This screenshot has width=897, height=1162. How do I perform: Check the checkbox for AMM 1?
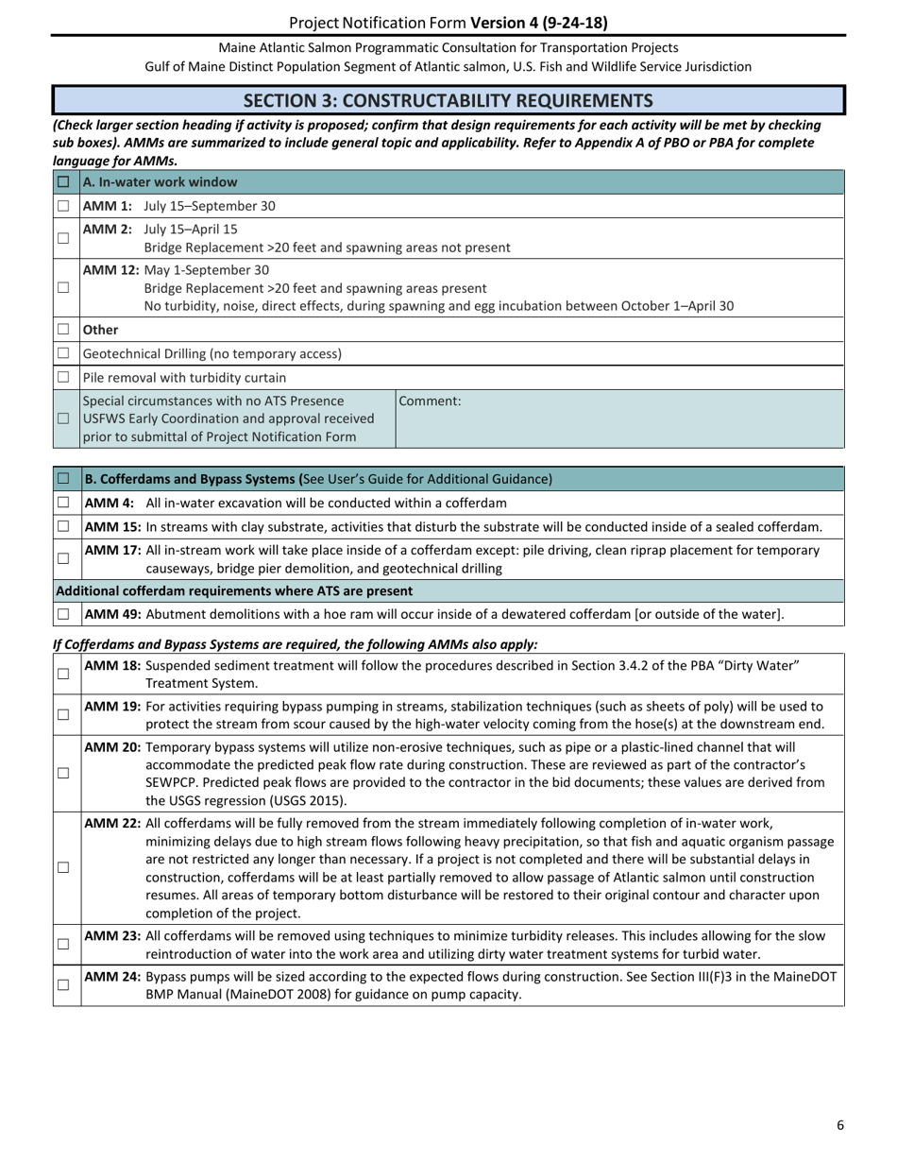[x=63, y=206]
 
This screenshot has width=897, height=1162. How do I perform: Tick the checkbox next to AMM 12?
[x=63, y=287]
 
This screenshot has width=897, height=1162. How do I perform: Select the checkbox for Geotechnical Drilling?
[x=63, y=353]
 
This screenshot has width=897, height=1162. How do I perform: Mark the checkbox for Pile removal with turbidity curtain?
[x=63, y=377]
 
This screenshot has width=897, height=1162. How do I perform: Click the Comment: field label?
[x=431, y=402]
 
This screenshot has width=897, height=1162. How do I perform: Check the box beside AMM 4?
[x=63, y=503]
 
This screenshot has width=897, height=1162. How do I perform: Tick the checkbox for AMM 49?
[x=63, y=614]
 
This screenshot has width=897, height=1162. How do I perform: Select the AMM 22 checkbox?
[x=63, y=867]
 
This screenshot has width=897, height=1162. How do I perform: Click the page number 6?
[x=839, y=1124]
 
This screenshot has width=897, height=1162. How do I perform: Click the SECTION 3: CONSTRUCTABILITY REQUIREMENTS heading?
[x=448, y=100]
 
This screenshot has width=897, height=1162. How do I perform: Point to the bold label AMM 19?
[x=113, y=707]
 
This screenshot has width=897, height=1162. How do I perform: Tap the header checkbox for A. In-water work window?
[x=63, y=182]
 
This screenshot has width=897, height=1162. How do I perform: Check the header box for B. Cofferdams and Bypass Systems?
[x=63, y=479]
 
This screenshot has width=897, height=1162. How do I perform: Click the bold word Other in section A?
[x=101, y=330]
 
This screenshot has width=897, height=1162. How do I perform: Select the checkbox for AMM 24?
[x=63, y=984]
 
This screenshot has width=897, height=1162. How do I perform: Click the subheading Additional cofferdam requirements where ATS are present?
[x=234, y=591]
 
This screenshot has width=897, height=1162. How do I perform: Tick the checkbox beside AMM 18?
[x=63, y=674]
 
